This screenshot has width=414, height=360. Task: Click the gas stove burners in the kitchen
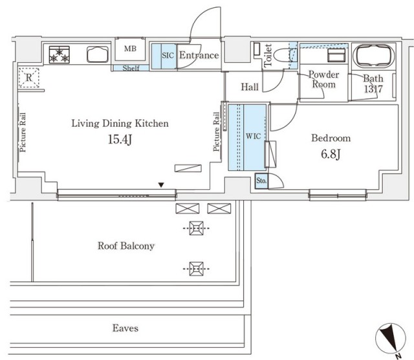coord(60,55)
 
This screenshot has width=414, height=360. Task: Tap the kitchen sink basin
coord(98,54)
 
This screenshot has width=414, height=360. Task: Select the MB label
coord(130,49)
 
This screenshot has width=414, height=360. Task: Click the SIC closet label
coord(168,56)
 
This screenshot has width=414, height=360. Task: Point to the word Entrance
coord(199,55)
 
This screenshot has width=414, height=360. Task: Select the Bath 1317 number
coord(373,89)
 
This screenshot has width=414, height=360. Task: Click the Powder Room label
coord(323,79)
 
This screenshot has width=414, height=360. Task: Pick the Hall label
coord(250,87)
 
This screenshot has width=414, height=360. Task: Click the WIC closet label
coord(253,136)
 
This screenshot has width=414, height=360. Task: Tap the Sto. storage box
coord(261,181)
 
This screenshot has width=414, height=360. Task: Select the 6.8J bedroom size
coord(331,154)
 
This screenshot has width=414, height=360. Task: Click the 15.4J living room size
coord(120,139)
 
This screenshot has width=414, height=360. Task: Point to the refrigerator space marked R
coord(28,78)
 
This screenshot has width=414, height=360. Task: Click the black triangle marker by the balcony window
coord(161,185)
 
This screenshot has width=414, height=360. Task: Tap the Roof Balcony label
coord(126,246)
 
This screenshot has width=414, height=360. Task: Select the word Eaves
coord(125,328)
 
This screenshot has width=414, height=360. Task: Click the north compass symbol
coord(391,339)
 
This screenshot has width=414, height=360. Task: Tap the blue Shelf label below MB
coord(131,68)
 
